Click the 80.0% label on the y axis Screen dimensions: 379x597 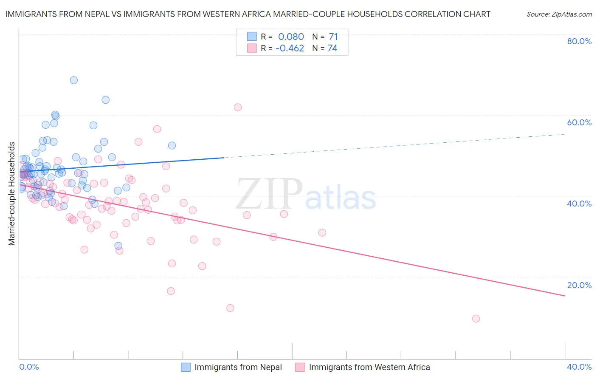coord(579,41)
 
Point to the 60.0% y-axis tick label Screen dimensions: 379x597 coord(579,122)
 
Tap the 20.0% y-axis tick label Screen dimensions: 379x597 coord(579,285)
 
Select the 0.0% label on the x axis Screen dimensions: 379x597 coord(29,367)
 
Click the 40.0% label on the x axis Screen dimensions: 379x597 coord(579,367)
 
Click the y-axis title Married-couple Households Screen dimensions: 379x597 coord(12,194)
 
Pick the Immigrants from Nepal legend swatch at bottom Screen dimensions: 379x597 coord(186,367)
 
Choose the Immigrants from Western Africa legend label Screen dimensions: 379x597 coord(369,367)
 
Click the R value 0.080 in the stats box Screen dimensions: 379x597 coord(291,37)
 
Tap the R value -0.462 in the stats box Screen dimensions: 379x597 coord(290,48)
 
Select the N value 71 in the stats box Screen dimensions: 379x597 coord(333,37)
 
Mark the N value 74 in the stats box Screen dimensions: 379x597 coord(332,48)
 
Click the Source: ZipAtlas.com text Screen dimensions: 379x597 coord(559,14)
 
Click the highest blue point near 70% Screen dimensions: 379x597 coord(74,80)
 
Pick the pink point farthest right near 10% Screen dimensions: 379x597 coord(476,319)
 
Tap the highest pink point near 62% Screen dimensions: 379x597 coord(238,107)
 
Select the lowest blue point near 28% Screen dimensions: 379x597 coord(118,246)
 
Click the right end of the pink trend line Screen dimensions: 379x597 coord(565,296)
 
